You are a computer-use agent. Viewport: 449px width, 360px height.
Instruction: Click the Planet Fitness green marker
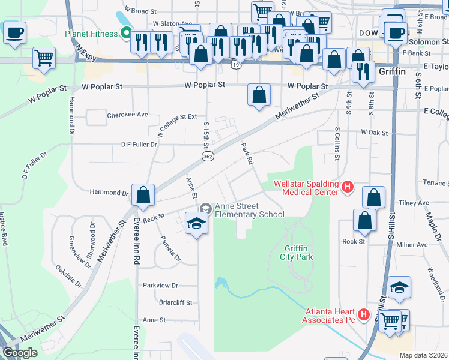tap(126, 34)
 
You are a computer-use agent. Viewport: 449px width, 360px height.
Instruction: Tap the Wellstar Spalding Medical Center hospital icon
tap(347, 188)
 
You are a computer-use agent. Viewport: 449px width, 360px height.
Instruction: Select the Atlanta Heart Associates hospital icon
tap(363, 314)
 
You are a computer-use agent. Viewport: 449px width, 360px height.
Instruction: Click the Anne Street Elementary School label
tap(249, 210)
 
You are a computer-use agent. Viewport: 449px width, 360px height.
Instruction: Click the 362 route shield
tap(208, 156)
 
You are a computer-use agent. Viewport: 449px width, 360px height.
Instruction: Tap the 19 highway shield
tap(238, 64)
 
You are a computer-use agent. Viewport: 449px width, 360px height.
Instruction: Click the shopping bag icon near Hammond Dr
tap(143, 195)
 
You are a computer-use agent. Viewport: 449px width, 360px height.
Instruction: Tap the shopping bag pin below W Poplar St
tap(259, 95)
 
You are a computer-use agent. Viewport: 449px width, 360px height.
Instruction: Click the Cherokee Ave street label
tap(127, 114)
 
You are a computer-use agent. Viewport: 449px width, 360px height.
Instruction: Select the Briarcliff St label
tap(175, 302)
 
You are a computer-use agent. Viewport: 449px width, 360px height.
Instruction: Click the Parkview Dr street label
tap(160, 285)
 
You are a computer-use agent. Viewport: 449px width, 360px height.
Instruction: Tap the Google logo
tap(20, 353)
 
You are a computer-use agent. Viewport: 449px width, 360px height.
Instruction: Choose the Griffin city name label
tap(393, 71)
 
